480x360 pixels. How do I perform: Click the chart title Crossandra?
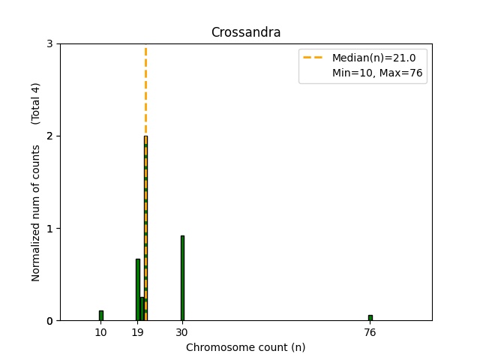pyautogui.click(x=245, y=32)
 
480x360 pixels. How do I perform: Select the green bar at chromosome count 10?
pyautogui.click(x=100, y=316)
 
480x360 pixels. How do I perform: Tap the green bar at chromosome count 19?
pyautogui.click(x=137, y=290)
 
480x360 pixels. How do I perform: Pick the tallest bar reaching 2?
pyautogui.click(x=145, y=225)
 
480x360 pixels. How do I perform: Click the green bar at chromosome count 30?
pyautogui.click(x=182, y=278)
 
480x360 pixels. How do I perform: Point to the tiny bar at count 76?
pyautogui.click(x=370, y=318)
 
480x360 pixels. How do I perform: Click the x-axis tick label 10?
pyautogui.click(x=100, y=332)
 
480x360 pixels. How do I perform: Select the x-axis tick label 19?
pyautogui.click(x=137, y=332)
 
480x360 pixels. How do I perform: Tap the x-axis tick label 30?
pyautogui.click(x=182, y=332)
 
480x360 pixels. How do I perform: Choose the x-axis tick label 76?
pyautogui.click(x=370, y=332)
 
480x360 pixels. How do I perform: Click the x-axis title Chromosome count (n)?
pyautogui.click(x=245, y=347)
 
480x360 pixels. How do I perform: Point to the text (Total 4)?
pyautogui.click(x=36, y=103)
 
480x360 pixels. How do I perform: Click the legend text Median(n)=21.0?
pyautogui.click(x=368, y=58)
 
